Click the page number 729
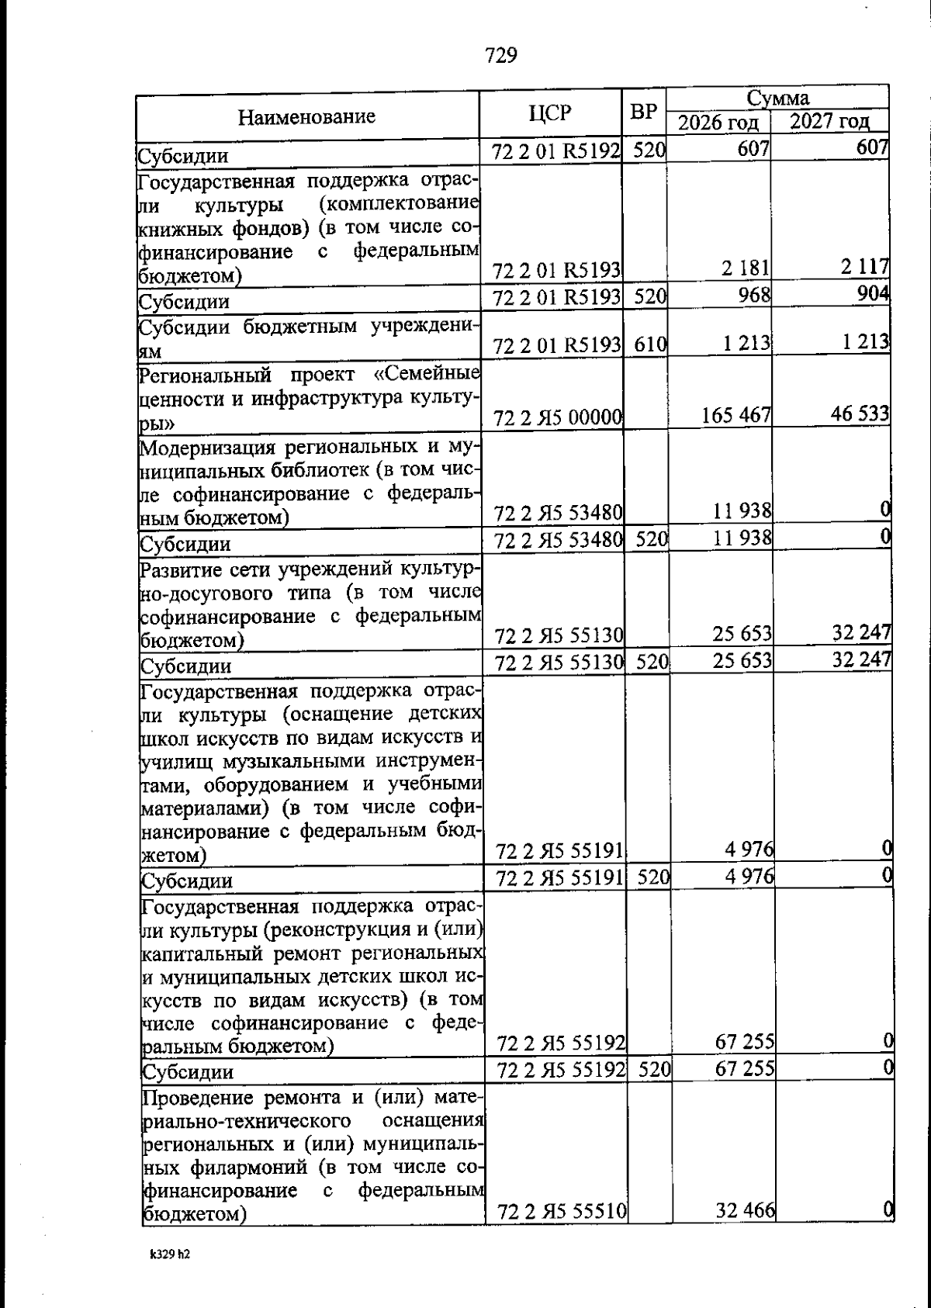[x=500, y=56]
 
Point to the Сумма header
[x=777, y=99]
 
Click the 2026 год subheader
[x=718, y=123]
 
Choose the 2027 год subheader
[x=829, y=123]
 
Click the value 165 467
[x=736, y=416]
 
